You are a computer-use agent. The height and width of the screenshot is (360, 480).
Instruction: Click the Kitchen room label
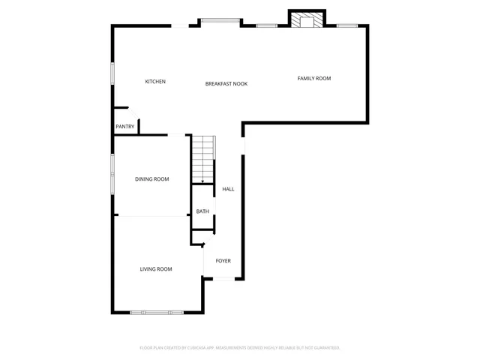point(155,82)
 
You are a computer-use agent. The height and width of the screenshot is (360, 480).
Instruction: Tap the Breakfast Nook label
point(226,84)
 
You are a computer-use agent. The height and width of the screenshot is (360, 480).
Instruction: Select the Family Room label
point(314,79)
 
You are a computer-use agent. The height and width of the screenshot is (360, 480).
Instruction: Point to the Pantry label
point(125,127)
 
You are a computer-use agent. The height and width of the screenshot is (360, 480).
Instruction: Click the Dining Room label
point(151,179)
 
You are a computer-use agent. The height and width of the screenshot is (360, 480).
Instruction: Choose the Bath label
point(202,211)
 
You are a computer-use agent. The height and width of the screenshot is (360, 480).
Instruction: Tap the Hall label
point(228,189)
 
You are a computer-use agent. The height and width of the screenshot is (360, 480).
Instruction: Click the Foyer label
point(223,261)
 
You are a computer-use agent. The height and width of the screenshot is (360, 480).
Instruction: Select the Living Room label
point(156,268)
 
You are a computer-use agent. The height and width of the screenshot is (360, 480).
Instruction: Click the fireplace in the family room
point(306,20)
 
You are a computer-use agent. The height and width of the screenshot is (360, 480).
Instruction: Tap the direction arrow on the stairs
point(202,180)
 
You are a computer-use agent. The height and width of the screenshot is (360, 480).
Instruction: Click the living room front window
point(157,312)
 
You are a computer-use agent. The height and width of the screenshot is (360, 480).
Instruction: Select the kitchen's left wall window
point(113,73)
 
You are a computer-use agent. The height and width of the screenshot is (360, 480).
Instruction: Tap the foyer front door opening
point(223,279)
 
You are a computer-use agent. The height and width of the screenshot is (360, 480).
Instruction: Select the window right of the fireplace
point(346,26)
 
